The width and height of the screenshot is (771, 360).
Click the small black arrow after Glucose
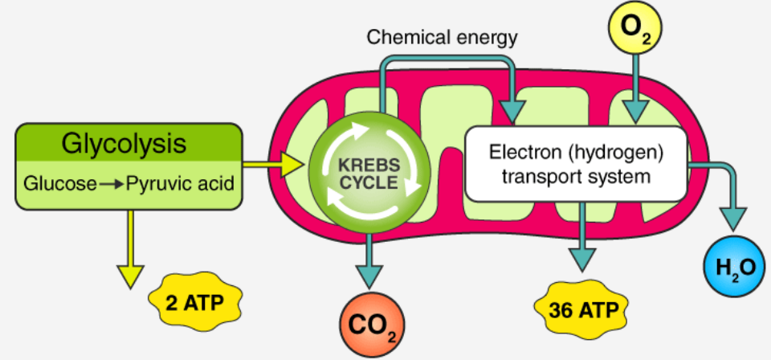(x=112, y=184)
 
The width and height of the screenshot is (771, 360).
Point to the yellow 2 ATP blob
(x=195, y=302)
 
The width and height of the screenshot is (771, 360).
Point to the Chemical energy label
(x=442, y=37)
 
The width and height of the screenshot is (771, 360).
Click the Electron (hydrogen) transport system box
(x=577, y=163)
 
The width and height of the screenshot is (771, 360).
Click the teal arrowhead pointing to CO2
(x=370, y=272)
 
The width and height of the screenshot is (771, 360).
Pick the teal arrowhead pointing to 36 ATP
(x=581, y=256)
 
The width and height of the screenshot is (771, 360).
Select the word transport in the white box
(x=539, y=176)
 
